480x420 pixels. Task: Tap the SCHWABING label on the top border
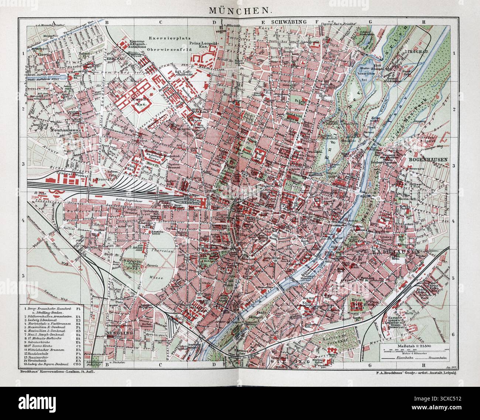289,22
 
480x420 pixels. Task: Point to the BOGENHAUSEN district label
428,160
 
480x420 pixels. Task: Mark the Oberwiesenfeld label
166,49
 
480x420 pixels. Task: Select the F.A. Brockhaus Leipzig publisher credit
415,374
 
